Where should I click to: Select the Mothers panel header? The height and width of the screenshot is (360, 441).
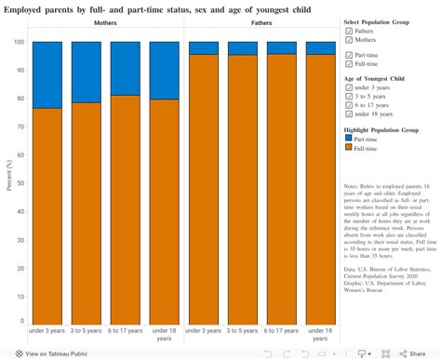[105, 21]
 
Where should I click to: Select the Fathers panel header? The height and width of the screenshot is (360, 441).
[263, 21]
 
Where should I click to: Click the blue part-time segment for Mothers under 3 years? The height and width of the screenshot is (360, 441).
[47, 74]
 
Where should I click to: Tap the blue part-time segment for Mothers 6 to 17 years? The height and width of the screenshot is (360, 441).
[125, 68]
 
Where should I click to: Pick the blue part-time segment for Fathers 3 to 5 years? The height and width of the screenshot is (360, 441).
[243, 48]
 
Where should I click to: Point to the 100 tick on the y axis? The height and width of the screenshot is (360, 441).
[20, 42]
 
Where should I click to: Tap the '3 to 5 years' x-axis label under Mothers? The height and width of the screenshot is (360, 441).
[86, 304]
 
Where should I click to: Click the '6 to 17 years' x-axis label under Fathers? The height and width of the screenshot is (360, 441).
[282, 304]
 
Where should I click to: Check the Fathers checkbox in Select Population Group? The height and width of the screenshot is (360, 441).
[349, 31]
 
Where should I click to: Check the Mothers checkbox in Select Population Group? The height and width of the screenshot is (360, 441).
[349, 40]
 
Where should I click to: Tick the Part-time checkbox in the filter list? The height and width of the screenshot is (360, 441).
[349, 55]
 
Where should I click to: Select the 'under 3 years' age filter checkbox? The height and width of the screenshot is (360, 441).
[349, 87]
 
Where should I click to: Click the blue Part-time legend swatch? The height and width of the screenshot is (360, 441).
[349, 138]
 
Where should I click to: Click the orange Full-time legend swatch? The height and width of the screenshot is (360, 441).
[349, 147]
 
